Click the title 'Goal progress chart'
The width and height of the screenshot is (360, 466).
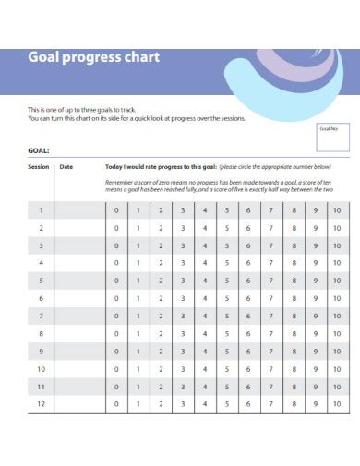[93, 57]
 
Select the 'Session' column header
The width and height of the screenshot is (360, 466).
[39, 167]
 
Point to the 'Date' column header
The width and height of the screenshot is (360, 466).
[66, 167]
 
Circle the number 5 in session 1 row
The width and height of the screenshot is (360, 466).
[226, 210]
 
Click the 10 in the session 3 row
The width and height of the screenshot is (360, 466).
[337, 245]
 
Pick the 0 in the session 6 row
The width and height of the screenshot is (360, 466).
[116, 298]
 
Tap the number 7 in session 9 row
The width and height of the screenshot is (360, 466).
[270, 352]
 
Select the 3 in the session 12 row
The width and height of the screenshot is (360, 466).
[182, 404]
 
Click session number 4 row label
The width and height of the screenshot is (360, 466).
[41, 263]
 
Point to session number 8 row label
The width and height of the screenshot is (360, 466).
[41, 333]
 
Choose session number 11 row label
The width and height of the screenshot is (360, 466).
[41, 387]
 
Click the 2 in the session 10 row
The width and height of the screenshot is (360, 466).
[160, 369]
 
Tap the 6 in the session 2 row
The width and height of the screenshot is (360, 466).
[248, 228]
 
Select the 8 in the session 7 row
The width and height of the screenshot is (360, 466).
[293, 316]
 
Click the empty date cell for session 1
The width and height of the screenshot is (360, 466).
[78, 210]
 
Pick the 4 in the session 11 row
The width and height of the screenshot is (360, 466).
[204, 387]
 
